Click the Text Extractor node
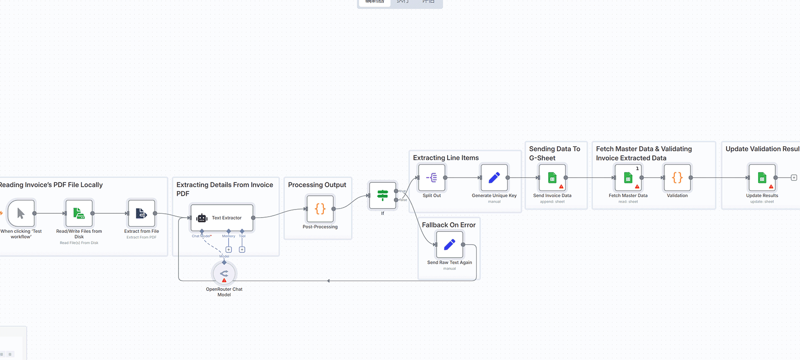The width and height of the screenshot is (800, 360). (222, 218)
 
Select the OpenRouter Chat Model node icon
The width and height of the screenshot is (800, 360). (224, 274)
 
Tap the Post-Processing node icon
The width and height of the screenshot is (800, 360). (320, 209)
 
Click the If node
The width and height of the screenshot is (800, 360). (382, 195)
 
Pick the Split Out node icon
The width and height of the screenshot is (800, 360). (431, 178)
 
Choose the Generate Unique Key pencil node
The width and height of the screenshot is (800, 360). (494, 178)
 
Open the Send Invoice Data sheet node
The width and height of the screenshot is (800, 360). (552, 178)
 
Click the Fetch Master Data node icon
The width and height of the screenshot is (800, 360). (628, 178)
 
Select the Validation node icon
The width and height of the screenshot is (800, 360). (677, 178)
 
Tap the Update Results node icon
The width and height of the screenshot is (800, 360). (762, 178)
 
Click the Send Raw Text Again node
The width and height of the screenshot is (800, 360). (449, 245)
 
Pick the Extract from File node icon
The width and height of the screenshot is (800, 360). (141, 213)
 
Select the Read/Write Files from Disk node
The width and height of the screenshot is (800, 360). (79, 213)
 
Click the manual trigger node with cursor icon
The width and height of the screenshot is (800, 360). (21, 213)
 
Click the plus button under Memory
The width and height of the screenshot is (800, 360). (229, 250)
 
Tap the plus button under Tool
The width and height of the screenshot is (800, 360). (242, 250)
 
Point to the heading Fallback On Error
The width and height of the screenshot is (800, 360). (449, 225)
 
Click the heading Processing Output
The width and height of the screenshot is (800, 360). (317, 185)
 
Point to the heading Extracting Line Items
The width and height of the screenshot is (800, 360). (446, 158)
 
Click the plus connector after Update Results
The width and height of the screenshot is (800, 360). (794, 178)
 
